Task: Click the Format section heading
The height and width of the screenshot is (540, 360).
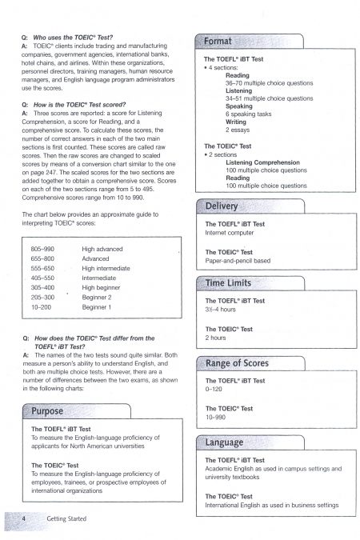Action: click(218, 42)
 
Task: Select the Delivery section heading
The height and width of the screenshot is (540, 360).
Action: click(222, 206)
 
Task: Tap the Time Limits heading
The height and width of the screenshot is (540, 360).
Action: click(228, 283)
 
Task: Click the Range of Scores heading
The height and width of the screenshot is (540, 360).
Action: click(237, 363)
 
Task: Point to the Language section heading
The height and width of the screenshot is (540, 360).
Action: click(224, 442)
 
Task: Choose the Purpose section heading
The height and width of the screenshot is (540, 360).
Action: click(47, 411)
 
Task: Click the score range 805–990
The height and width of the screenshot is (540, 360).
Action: click(42, 249)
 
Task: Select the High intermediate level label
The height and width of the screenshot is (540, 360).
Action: click(106, 268)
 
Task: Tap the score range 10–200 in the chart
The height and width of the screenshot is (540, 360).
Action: click(41, 307)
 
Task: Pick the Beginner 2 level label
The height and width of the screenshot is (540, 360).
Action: click(97, 298)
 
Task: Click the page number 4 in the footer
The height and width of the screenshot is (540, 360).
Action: click(23, 518)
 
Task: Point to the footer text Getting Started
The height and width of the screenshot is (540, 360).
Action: click(66, 518)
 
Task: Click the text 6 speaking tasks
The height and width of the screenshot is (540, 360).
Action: click(248, 114)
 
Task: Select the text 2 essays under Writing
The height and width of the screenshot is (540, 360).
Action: click(238, 130)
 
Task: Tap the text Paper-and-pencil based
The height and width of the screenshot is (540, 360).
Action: click(238, 261)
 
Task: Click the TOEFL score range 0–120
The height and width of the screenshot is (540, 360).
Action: click(214, 389)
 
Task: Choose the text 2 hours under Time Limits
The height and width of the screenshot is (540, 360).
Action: click(215, 338)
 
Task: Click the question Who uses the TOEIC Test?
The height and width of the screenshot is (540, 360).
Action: click(73, 38)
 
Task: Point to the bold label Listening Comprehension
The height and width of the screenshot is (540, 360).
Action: click(263, 162)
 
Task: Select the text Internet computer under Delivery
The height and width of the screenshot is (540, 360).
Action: click(230, 233)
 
